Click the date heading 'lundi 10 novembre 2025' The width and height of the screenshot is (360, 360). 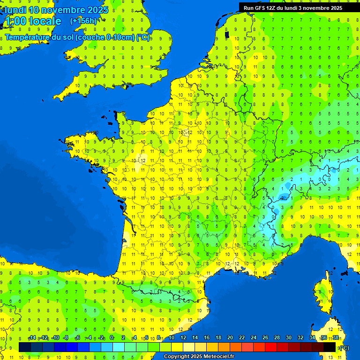pos(56,10)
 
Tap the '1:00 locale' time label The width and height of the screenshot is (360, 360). pos(32,21)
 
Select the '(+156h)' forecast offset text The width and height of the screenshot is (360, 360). pos(83,21)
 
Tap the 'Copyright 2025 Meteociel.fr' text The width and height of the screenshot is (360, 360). pos(199,356)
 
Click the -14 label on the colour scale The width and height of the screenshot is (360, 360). pos(32,337)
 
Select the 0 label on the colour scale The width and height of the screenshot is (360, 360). pos(112,337)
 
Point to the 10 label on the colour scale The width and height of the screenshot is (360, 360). pos(171,337)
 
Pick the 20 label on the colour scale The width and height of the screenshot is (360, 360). pos(230,337)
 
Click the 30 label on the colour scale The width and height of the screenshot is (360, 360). pos(288,337)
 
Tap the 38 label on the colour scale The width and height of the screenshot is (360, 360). pos(335,337)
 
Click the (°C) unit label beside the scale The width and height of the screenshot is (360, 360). pos(344,347)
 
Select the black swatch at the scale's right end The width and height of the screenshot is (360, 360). pos(330,347)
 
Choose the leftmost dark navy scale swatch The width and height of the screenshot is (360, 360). pos(25,347)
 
